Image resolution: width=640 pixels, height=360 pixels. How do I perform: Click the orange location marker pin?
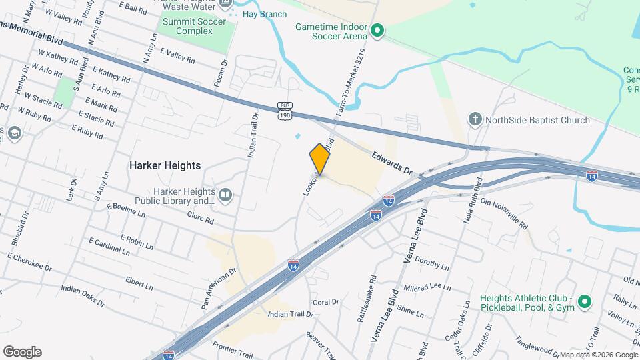(320, 159)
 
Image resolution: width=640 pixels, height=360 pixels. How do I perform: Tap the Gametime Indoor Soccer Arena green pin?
(377, 30)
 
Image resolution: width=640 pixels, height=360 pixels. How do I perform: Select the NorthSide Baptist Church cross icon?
(475, 120)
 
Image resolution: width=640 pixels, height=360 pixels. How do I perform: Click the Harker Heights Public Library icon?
(225, 195)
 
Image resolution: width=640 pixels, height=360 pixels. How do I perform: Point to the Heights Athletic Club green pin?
(585, 302)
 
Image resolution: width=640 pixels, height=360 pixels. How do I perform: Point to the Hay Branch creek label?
(264, 14)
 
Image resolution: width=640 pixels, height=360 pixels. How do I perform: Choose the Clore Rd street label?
(199, 218)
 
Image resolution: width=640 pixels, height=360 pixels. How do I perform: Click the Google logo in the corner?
(22, 352)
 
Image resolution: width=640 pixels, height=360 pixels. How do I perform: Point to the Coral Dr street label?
(326, 301)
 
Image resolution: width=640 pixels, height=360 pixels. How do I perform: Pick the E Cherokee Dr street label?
(29, 261)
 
